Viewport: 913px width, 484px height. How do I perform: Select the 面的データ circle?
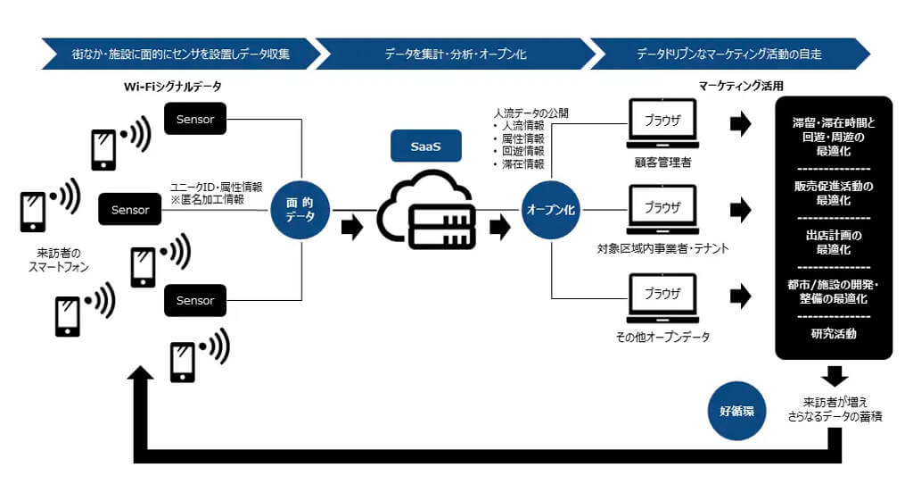(x=301, y=210)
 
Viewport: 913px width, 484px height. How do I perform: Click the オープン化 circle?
(x=550, y=209)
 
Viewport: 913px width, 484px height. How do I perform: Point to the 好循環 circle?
(x=736, y=412)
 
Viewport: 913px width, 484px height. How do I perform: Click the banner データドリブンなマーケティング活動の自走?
(x=728, y=54)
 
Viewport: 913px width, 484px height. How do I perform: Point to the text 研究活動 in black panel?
(x=835, y=334)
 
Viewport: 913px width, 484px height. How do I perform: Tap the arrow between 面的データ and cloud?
(x=352, y=227)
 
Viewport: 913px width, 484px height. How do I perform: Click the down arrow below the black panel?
(x=835, y=374)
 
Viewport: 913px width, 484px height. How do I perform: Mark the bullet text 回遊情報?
(x=522, y=152)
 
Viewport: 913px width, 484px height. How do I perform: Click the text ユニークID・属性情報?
(x=217, y=188)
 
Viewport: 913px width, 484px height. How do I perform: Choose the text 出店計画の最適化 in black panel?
(x=835, y=242)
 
